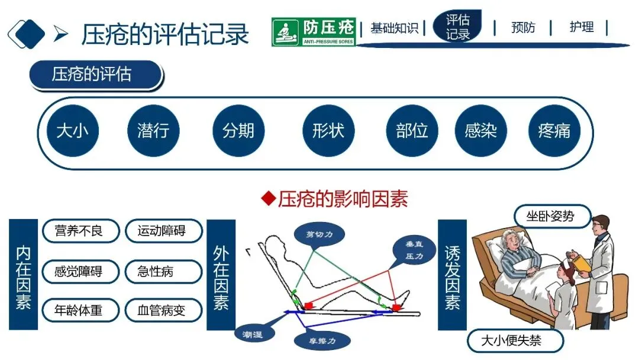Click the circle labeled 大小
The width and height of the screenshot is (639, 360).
pos(72,131)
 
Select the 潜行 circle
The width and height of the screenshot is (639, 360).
pos(153,131)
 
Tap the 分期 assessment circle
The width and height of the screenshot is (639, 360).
pos(238,131)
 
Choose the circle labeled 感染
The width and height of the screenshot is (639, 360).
pos(480,131)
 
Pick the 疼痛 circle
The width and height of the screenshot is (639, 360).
pos(554,131)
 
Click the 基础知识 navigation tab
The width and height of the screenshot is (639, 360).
pos(394,28)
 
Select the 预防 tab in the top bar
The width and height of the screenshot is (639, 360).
pos(523,28)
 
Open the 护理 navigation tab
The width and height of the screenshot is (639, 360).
pos(582,28)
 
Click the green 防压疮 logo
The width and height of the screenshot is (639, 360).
pos(314,32)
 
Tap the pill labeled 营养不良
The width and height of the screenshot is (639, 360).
pos(80,231)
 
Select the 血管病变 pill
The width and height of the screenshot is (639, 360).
pos(163,310)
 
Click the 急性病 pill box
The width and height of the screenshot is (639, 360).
pos(163,271)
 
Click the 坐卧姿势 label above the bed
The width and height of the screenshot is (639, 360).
pos(551,217)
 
